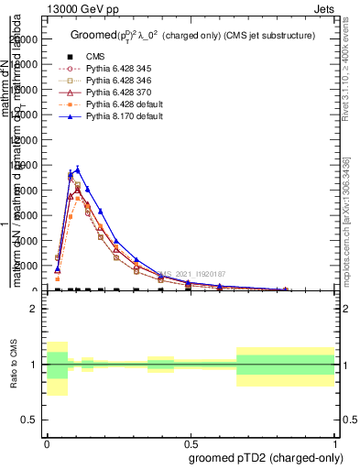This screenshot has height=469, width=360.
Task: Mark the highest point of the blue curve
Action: tap(78, 169)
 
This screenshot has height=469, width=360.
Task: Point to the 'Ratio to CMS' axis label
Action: tap(14, 364)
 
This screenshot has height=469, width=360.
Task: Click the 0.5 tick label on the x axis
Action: tap(191, 440)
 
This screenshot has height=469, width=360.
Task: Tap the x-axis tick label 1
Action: tap(335, 440)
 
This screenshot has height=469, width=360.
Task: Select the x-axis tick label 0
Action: tap(47, 440)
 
